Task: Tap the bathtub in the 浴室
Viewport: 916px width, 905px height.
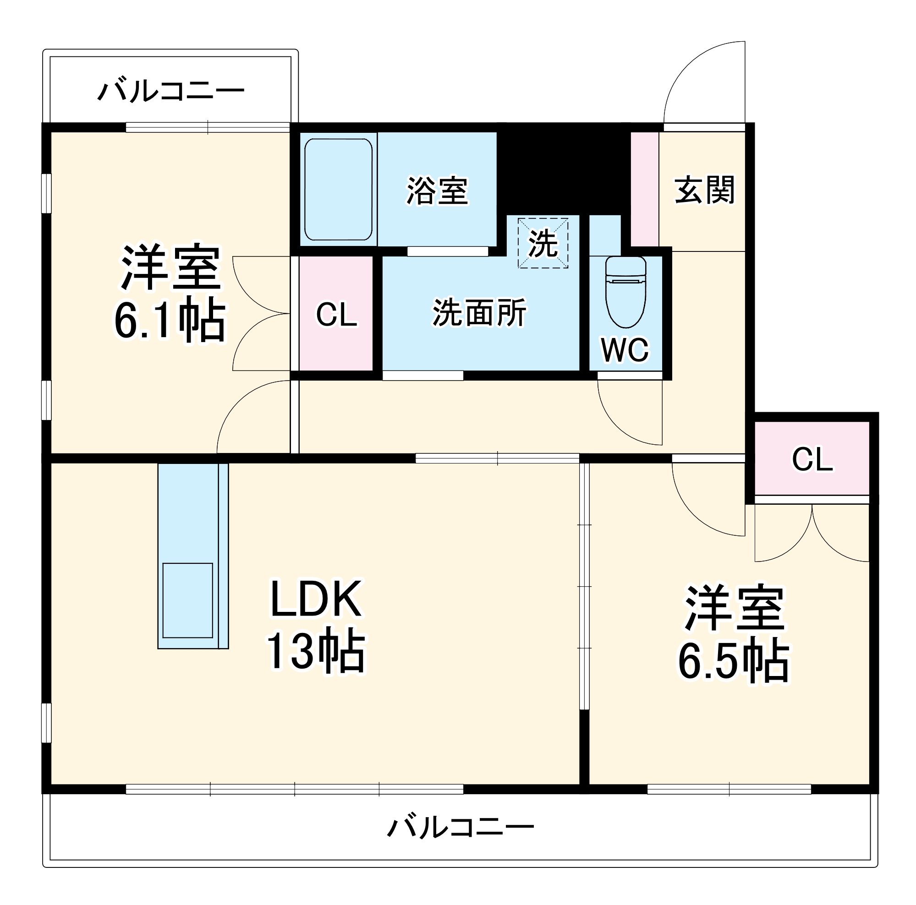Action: pyautogui.click(x=338, y=189)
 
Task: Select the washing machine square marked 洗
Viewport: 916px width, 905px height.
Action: pyautogui.click(x=543, y=243)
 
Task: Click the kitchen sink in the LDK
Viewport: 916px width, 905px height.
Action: pyautogui.click(x=187, y=600)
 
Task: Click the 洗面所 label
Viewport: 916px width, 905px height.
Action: pyautogui.click(x=479, y=313)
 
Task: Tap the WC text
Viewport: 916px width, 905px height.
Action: pyautogui.click(x=625, y=350)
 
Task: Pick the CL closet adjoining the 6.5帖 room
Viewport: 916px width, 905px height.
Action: pyautogui.click(x=812, y=459)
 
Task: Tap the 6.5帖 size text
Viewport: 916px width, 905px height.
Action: pyautogui.click(x=733, y=661)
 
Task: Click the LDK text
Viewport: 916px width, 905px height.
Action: pyautogui.click(x=316, y=600)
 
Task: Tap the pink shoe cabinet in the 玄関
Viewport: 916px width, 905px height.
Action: pyautogui.click(x=644, y=189)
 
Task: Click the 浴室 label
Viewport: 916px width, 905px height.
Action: pyautogui.click(x=437, y=191)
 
